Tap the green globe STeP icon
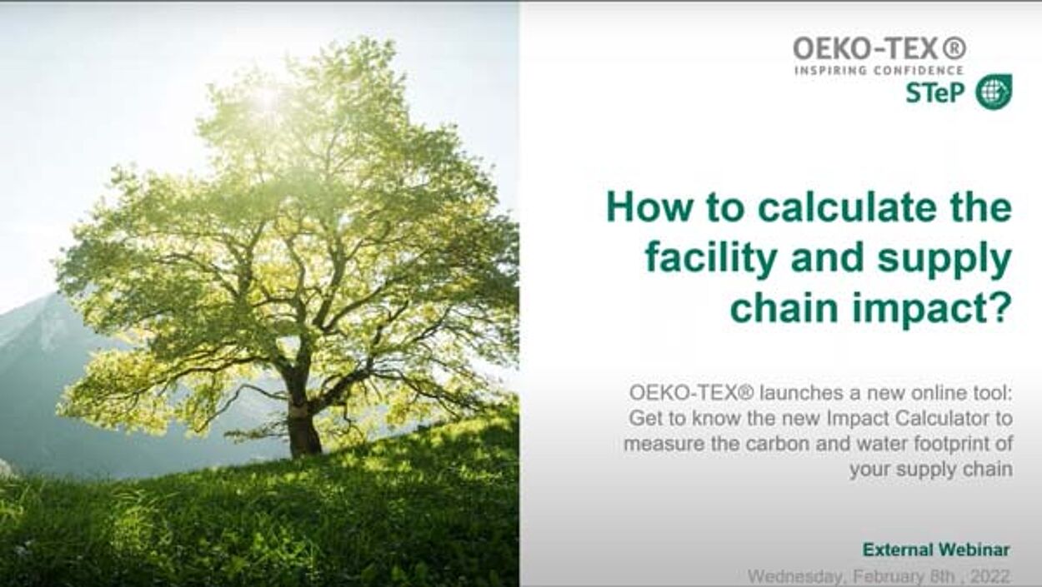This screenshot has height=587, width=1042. (994, 92)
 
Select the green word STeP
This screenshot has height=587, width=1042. (935, 93)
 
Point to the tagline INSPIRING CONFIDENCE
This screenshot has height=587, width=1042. (879, 71)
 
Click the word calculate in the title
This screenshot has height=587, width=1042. (846, 208)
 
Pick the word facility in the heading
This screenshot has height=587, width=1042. (711, 259)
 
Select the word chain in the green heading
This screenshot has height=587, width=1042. (785, 308)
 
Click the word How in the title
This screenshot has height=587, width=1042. (649, 208)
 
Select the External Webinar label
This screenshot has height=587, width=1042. (936, 550)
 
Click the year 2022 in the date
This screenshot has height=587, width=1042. (990, 577)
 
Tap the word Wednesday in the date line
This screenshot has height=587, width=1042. (795, 578)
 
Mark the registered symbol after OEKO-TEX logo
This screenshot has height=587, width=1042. (954, 48)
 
